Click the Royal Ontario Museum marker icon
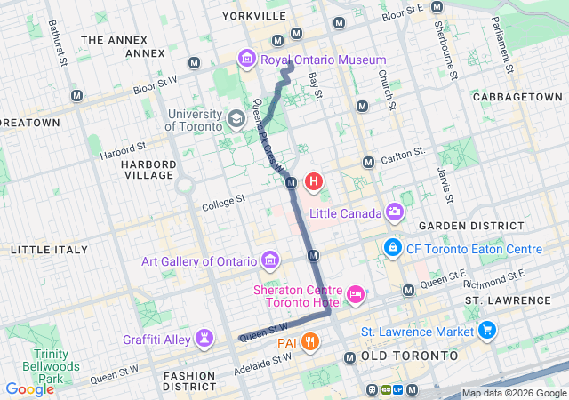click(245, 60)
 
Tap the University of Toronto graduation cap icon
click(236, 118)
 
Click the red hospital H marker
click(313, 182)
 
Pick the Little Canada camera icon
click(394, 212)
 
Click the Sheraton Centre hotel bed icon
click(356, 293)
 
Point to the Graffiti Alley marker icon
click(206, 338)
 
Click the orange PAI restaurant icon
click(309, 340)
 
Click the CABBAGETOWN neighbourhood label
click(517, 96)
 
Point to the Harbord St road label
click(123, 148)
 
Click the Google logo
click(29, 388)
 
